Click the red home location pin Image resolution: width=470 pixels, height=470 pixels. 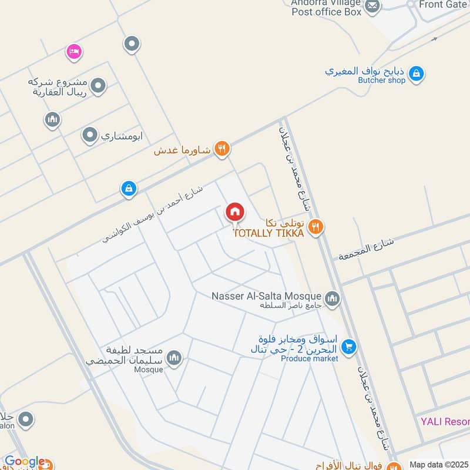pos(235,212)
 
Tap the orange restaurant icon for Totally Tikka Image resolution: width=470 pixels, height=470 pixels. pos(316,227)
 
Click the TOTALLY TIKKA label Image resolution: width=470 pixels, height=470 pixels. pos(268,233)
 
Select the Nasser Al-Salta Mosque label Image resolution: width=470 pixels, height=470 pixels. pos(266,296)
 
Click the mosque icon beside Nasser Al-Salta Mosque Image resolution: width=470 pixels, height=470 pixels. pos(333,300)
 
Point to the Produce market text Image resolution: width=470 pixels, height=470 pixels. pos(309,358)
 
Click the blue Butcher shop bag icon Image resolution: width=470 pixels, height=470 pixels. pos(416,74)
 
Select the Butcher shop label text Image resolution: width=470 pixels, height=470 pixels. pos(381,80)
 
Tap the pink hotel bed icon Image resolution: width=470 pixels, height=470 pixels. pos(73,52)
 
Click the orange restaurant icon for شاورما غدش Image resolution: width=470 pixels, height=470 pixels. pos(221,149)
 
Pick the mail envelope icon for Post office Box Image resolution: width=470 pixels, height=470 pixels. pos(372,6)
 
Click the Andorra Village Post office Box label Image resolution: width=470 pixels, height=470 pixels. pos(326,7)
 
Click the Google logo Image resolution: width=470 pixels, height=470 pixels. pos(24,462)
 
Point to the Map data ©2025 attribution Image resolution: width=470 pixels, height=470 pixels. pos(438,465)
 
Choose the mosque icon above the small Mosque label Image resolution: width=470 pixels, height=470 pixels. pos(174,357)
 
